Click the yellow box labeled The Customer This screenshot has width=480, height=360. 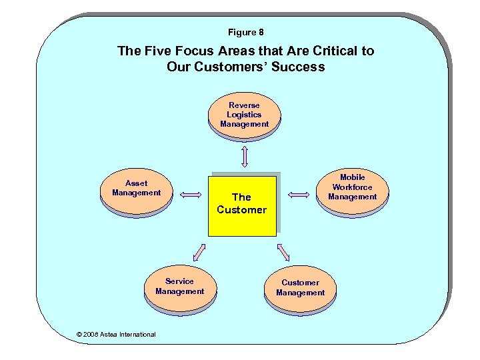pos(241,204)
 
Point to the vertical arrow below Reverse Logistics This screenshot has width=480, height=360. pos(245,155)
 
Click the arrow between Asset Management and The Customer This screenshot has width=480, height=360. pos(191,195)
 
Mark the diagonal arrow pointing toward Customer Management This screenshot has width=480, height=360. pos(283,252)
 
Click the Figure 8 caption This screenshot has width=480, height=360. pos(245,32)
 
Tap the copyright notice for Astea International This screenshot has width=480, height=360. pos(116,335)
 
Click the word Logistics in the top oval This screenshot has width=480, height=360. pos(244,115)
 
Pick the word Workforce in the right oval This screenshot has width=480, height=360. pos(352,187)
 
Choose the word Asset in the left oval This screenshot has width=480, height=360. pos(136,183)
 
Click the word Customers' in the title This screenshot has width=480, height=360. pos(233,67)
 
